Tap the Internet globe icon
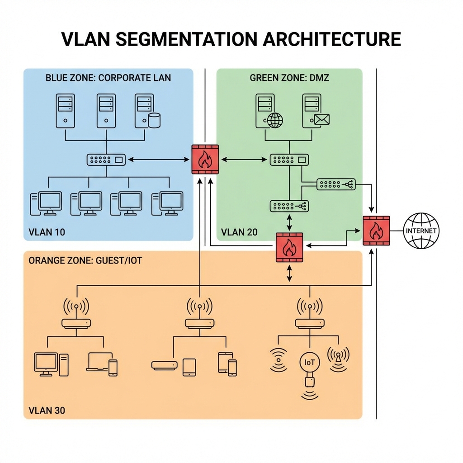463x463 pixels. point(420,231)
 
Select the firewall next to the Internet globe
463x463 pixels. point(376,231)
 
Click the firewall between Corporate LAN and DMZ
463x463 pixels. point(205,159)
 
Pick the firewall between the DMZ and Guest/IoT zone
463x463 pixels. point(289,248)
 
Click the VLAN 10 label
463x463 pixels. point(47,232)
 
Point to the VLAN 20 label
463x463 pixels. point(239,232)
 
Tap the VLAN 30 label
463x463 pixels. point(47,411)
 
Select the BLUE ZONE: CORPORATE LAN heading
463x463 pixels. point(108,77)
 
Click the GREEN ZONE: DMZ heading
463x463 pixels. point(289,77)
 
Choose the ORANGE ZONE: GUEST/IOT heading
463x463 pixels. point(85,261)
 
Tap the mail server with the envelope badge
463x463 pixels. point(315,111)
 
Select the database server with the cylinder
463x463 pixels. point(147,111)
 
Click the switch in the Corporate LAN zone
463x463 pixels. point(106,159)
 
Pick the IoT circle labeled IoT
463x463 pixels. point(310,362)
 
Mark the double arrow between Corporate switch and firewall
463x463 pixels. point(158,159)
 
